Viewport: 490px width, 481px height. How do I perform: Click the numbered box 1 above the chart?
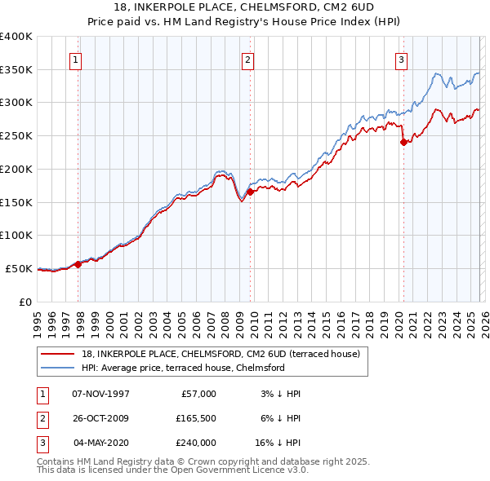click(x=75, y=59)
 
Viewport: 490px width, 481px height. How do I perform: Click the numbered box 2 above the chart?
click(x=247, y=59)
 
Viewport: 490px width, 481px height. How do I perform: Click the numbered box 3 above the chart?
click(x=402, y=59)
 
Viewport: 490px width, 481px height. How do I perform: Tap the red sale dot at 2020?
click(x=403, y=142)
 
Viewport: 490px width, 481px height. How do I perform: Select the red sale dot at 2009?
click(x=251, y=192)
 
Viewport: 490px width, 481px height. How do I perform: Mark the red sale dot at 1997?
click(x=78, y=263)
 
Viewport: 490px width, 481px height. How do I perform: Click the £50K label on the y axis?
click(x=20, y=268)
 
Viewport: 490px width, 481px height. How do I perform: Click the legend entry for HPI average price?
click(x=183, y=368)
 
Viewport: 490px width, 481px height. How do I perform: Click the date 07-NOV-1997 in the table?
click(x=101, y=394)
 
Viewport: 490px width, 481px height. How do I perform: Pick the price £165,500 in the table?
click(x=194, y=418)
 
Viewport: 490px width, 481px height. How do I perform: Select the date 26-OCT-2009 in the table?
click(x=101, y=418)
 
